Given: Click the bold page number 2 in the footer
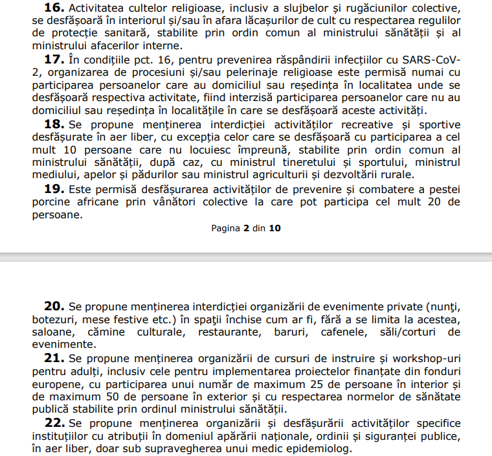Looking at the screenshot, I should (x=246, y=228).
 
